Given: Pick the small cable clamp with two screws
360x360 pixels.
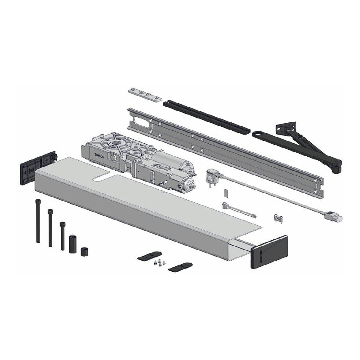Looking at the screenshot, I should point(278,218).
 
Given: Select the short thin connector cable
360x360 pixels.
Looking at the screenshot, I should point(239,210).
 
